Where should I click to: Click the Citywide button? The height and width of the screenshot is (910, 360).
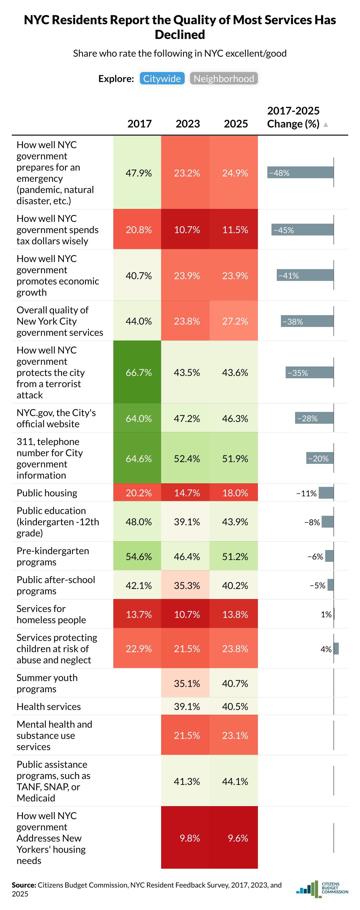[x=162, y=78]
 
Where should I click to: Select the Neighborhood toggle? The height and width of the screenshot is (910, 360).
[x=224, y=78]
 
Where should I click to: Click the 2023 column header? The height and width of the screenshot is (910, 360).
[x=188, y=124]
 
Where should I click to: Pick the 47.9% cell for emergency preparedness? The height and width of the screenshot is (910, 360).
[x=138, y=173]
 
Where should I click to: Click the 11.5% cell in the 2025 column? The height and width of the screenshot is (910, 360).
[x=235, y=230]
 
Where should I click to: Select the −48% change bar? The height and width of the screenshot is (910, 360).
[x=300, y=172]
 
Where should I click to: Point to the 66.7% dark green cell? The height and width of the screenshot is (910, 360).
[x=138, y=373]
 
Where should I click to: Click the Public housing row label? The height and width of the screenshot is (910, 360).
[x=47, y=493]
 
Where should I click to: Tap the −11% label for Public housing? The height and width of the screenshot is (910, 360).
[x=306, y=493]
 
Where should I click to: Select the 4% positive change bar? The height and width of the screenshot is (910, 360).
[x=336, y=649]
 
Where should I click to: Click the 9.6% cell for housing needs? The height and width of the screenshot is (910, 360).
[x=238, y=838]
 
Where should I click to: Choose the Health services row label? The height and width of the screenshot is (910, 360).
[x=49, y=706]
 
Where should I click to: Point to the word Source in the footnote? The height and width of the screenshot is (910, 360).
[x=24, y=885]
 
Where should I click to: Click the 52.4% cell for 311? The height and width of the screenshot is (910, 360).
[x=187, y=459]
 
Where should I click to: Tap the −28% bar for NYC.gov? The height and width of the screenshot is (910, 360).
[x=314, y=418]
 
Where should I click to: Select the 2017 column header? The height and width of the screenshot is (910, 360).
[x=140, y=124]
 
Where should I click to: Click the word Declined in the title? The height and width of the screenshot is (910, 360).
[x=180, y=35]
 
